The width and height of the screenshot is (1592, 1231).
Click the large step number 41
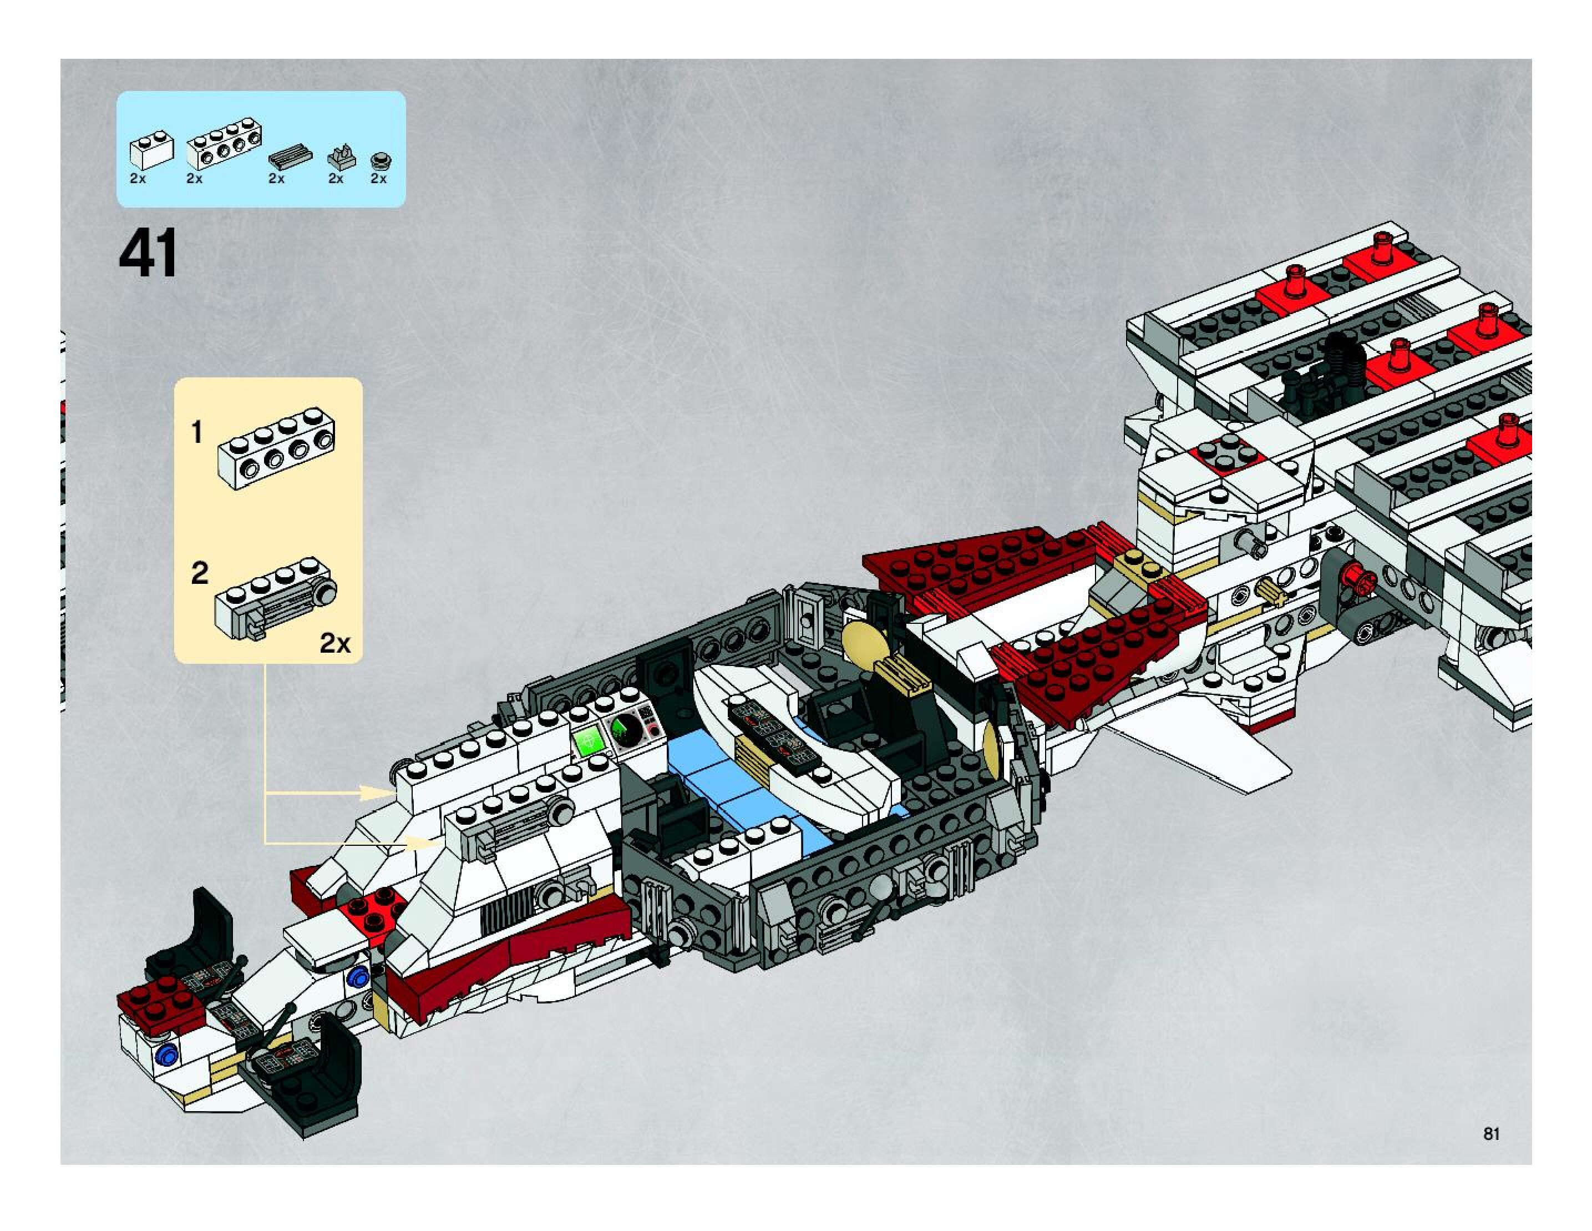[x=148, y=253]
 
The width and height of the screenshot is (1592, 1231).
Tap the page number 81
[x=1490, y=1134]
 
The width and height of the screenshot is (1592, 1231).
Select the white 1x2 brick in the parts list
[x=151, y=150]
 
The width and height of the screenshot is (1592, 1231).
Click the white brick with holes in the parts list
[x=224, y=147]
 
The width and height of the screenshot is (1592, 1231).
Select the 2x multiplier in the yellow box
[x=334, y=643]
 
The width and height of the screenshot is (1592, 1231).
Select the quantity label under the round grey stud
[x=378, y=179]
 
